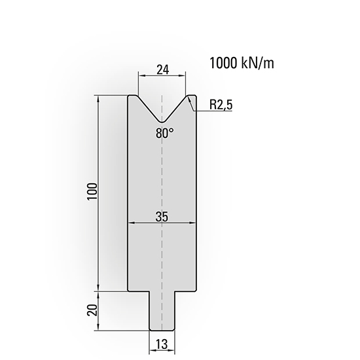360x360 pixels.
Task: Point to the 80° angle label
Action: pyautogui.click(x=165, y=133)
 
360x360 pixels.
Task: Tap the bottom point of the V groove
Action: pyautogui.click(x=161, y=122)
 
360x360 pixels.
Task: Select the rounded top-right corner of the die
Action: pyautogui.click(x=192, y=98)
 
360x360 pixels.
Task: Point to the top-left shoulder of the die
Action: pyautogui.click(x=132, y=98)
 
